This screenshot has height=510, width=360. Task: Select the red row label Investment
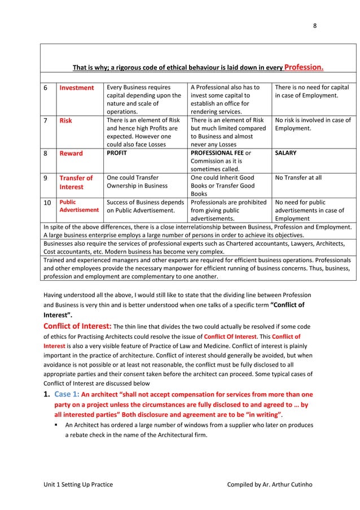[77, 88]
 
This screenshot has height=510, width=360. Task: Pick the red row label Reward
[72, 154]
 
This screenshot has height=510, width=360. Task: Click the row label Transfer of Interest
[76, 182]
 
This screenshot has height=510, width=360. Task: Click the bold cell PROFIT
[117, 153]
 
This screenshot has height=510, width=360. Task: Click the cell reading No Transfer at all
[298, 178]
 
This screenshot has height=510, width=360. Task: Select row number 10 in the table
[48, 202]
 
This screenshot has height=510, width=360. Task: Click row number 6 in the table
[46, 88]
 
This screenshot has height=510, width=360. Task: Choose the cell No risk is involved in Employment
[312, 124]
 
